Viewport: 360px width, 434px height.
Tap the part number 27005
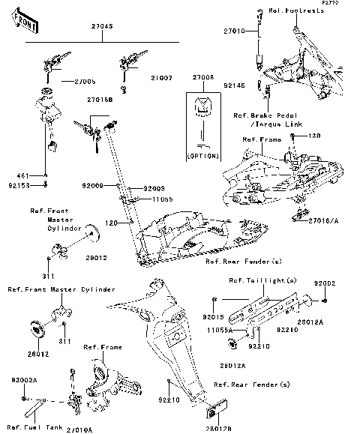(x=73, y=81)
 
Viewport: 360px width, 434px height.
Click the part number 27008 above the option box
(x=202, y=77)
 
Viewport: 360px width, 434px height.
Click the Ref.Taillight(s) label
(x=259, y=281)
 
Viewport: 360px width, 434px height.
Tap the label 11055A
(x=219, y=329)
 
